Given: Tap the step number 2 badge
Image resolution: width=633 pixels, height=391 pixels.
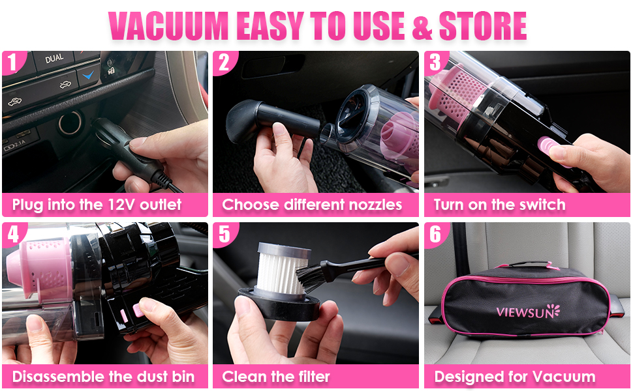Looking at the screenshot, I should [224, 63].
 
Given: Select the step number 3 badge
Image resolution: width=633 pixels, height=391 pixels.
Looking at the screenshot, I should [435, 63].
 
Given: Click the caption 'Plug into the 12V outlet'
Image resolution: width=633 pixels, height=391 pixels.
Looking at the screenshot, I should [97, 205].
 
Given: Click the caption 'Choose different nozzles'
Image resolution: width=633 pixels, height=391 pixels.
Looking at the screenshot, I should [312, 205].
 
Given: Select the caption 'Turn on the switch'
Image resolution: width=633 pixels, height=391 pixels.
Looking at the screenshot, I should [499, 205].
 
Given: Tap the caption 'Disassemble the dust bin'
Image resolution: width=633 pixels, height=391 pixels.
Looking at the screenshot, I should [103, 376].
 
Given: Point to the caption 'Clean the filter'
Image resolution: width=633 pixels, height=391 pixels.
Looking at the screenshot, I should [276, 376].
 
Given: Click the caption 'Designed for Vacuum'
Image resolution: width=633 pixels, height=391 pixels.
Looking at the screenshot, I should [515, 376].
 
